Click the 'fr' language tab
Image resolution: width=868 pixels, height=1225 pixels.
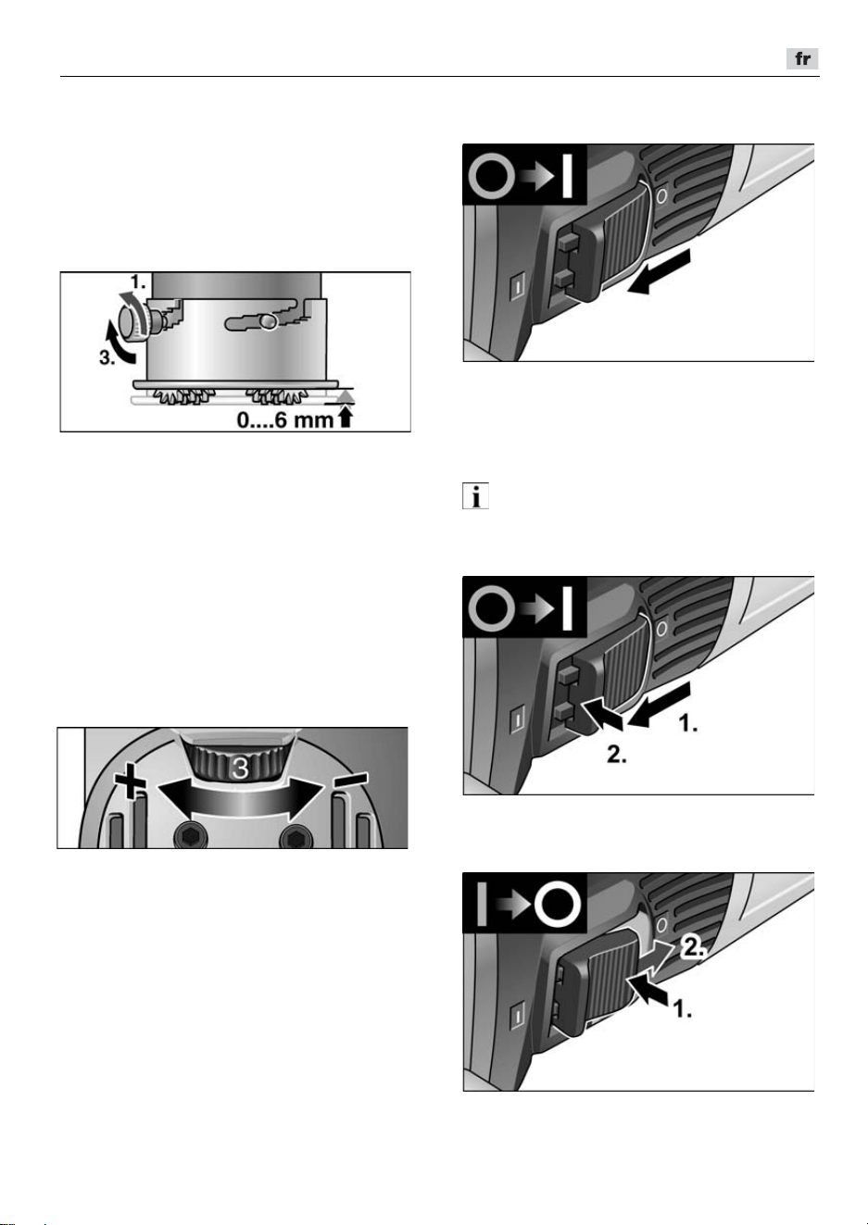tap(802, 59)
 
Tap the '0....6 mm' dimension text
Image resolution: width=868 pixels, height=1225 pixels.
tap(285, 420)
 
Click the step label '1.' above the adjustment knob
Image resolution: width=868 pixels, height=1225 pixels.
tap(138, 282)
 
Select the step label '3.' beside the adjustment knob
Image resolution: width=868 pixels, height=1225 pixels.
tap(107, 357)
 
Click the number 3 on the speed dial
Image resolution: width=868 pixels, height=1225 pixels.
tap(240, 769)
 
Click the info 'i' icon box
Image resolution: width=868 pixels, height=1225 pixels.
tap(475, 496)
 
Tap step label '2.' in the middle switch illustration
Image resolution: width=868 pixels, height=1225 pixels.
tap(617, 755)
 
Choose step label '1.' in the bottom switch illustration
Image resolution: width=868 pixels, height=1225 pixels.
tap(682, 1009)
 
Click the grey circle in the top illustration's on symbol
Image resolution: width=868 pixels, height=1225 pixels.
tap(492, 176)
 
